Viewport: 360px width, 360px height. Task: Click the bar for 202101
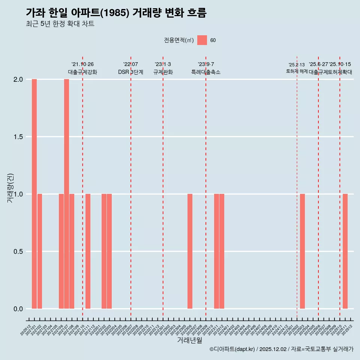pos(34,194)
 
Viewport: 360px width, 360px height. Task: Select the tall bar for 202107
pos(66,194)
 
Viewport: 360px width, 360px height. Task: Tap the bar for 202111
pos(88,251)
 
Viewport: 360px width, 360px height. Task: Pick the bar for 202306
pos(190,251)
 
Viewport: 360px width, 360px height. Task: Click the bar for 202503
pos(302,251)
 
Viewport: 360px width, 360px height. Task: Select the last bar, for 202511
pos(345,251)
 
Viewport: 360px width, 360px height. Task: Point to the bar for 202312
pos(222,251)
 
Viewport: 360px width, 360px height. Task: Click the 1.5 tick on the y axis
pos(17,137)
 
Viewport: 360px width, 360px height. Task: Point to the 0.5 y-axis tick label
pos(17,252)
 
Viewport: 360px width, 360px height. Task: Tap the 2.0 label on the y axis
pos(17,79)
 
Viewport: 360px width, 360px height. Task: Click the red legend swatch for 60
pos(202,40)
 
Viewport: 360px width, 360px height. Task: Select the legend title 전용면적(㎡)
pos(178,40)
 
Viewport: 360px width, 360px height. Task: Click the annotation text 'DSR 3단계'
pos(130,72)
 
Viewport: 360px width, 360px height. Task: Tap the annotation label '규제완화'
pos(163,72)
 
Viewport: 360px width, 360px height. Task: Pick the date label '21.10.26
pos(82,64)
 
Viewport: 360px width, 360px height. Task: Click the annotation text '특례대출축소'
pos(206,72)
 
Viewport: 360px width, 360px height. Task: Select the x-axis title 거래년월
pos(190,340)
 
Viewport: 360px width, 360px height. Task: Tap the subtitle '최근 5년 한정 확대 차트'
pos(60,24)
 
